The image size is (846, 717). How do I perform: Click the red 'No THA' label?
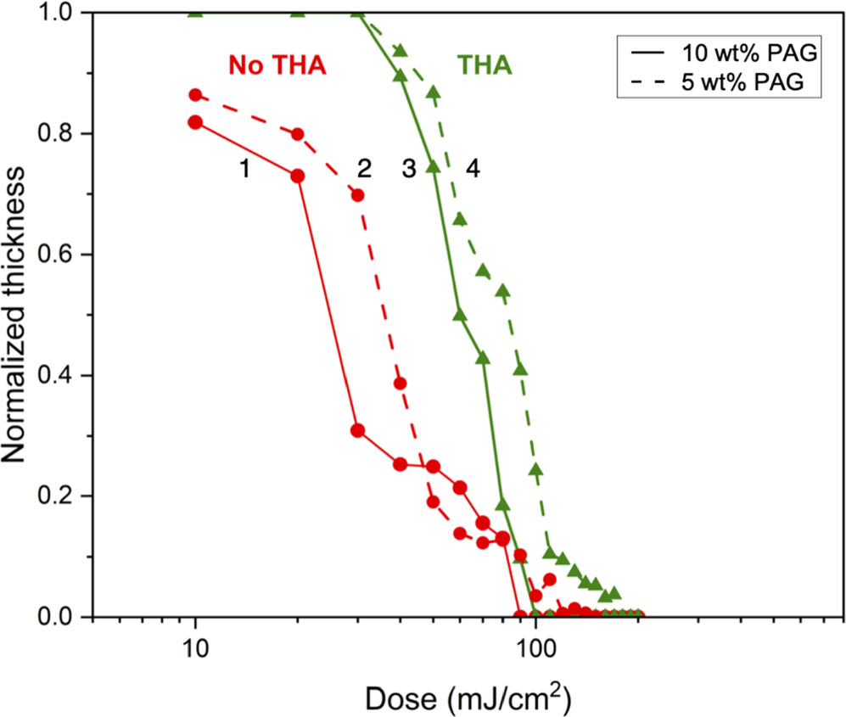277,65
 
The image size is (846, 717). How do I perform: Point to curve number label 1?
244,170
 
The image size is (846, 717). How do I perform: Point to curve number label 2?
364,170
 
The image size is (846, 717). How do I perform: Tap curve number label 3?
408,170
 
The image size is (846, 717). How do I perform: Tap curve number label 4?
473,170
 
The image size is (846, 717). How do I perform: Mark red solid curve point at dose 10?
195,122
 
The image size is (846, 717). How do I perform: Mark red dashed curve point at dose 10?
195,95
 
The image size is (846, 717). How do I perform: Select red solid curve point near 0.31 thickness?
357,430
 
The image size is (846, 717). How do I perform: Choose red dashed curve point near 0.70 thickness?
357,195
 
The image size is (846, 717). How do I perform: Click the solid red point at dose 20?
298,176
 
